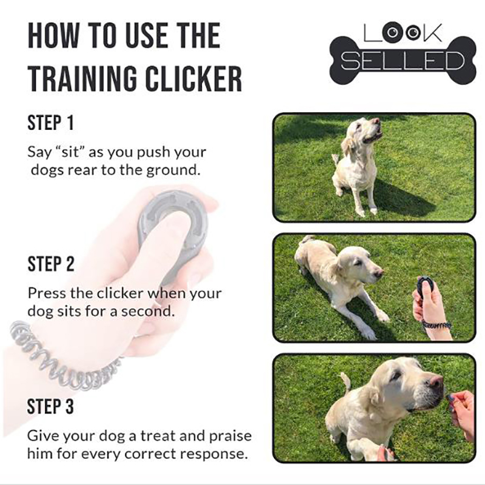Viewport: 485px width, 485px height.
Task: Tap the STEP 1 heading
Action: [x=51, y=123]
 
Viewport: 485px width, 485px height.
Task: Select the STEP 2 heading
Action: [x=51, y=264]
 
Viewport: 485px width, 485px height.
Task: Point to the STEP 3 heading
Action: [x=50, y=406]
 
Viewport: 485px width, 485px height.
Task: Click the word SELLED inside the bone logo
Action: [x=403, y=61]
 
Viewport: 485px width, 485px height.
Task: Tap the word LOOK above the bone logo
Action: [x=403, y=33]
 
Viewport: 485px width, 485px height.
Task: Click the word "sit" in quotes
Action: [x=71, y=152]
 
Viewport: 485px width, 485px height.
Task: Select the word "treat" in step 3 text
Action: [x=158, y=435]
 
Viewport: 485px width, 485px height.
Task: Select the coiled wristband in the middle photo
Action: [x=436, y=325]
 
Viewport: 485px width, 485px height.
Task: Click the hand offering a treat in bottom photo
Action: [x=463, y=412]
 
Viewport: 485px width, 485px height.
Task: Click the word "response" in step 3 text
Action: [x=214, y=454]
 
